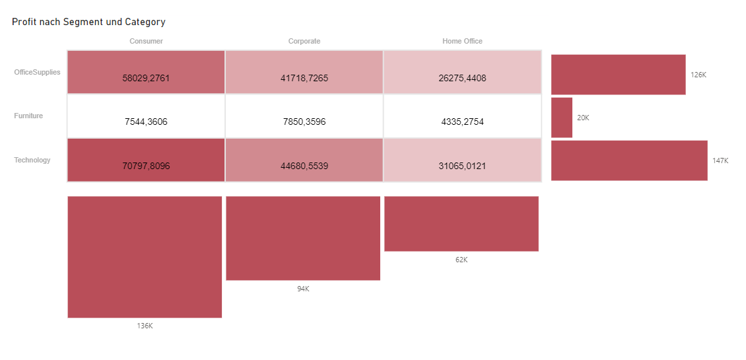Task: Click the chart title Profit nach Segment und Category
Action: pyautogui.click(x=88, y=22)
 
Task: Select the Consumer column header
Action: pyautogui.click(x=146, y=41)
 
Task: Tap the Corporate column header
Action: pyautogui.click(x=304, y=41)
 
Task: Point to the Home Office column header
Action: pyautogui.click(x=462, y=41)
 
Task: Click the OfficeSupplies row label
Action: pyautogui.click(x=37, y=72)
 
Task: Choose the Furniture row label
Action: pyautogui.click(x=28, y=116)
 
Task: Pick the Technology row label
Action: pyautogui.click(x=32, y=160)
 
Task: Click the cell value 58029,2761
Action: pyautogui.click(x=146, y=78)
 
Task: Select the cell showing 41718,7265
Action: pyautogui.click(x=304, y=78)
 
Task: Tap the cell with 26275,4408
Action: pyautogui.click(x=462, y=78)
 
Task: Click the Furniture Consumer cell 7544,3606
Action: pyautogui.click(x=146, y=122)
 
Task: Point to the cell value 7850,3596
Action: pyautogui.click(x=304, y=122)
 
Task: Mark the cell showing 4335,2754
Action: pyautogui.click(x=462, y=122)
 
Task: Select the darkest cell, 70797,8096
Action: pyautogui.click(x=146, y=166)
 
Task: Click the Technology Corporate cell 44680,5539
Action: pyautogui.click(x=304, y=166)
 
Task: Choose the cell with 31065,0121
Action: pyautogui.click(x=462, y=166)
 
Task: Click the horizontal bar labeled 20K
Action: pyautogui.click(x=561, y=118)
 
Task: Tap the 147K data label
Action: pyautogui.click(x=720, y=161)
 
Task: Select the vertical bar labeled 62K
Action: pyautogui.click(x=461, y=223)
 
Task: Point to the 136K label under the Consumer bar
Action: pyautogui.click(x=145, y=326)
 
